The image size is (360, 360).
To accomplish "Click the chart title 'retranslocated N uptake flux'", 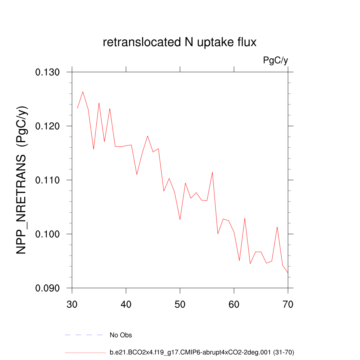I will pyautogui.click(x=180, y=43).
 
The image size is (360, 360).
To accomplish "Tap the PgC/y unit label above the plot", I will pyautogui.click(x=276, y=60).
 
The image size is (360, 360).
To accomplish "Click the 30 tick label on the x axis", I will pyautogui.click(x=72, y=304).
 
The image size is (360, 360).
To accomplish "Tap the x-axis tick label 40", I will pyautogui.click(x=126, y=304).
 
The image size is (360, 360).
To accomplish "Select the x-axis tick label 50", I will pyautogui.click(x=180, y=304).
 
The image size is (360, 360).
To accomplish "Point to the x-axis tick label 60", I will pyautogui.click(x=234, y=304).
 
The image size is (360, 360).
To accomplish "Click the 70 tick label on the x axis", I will pyautogui.click(x=288, y=304).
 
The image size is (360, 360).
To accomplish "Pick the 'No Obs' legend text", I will pyautogui.click(x=121, y=335).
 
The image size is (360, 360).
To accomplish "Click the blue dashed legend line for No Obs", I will pyautogui.click(x=84, y=335).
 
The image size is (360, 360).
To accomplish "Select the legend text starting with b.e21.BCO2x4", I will pyautogui.click(x=202, y=352).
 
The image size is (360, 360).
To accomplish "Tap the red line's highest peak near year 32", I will pyautogui.click(x=83, y=92).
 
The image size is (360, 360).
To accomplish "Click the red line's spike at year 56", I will pyautogui.click(x=212, y=172).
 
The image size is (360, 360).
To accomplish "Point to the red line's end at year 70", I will pyautogui.click(x=288, y=273).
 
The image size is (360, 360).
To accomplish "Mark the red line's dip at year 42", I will pyautogui.click(x=137, y=174).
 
